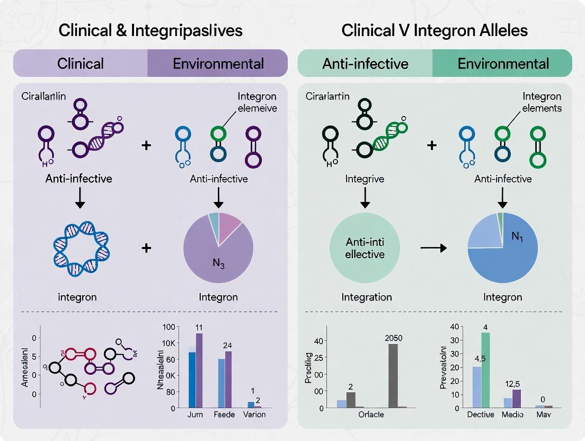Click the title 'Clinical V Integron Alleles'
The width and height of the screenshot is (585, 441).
click(435, 30)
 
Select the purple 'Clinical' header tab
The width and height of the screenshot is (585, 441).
click(81, 64)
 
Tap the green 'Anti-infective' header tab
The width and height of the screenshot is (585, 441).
click(366, 64)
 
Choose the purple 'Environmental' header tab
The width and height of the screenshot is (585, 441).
click(218, 64)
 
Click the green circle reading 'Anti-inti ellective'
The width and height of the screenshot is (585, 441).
click(365, 248)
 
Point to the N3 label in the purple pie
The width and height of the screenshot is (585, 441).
click(219, 265)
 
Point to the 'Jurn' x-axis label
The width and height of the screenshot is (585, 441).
click(196, 414)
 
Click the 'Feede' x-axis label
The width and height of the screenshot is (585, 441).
click(225, 414)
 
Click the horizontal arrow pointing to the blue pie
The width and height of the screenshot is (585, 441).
click(432, 247)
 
